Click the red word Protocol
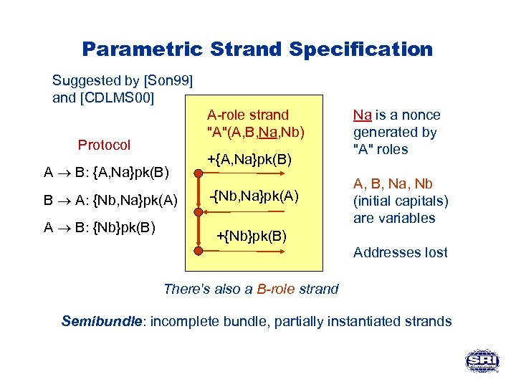(104, 145)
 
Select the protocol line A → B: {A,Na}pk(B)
(106, 172)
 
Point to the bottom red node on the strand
(197, 251)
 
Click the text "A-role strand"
(247, 115)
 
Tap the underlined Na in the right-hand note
(363, 115)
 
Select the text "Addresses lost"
(400, 252)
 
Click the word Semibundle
(100, 321)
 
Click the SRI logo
(481, 360)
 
